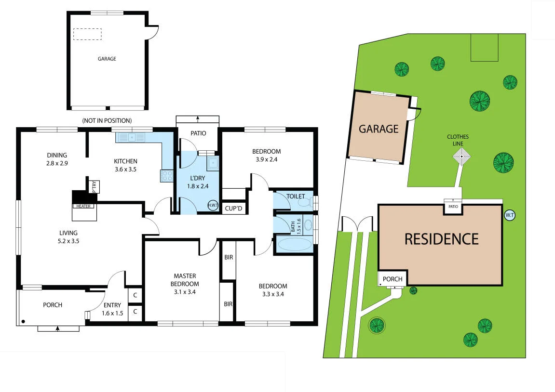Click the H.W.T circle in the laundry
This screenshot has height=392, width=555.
[x=212, y=205]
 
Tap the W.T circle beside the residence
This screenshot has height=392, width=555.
[x=509, y=215]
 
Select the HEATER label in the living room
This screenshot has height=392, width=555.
[x=84, y=206]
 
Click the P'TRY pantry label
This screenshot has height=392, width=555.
[x=94, y=186]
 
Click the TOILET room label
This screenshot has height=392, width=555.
[x=296, y=196]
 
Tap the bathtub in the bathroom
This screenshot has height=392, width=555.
[x=295, y=244]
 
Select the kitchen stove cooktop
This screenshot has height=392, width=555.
[x=167, y=175]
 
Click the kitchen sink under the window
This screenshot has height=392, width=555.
[x=131, y=138]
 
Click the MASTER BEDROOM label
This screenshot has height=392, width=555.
[x=185, y=280]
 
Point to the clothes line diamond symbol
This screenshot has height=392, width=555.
[x=462, y=157]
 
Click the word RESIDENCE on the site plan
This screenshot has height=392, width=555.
[x=441, y=239]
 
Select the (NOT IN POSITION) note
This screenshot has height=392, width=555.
[x=107, y=120]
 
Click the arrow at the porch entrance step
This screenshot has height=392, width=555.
[x=58, y=328]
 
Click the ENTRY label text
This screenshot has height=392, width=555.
[x=112, y=305]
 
